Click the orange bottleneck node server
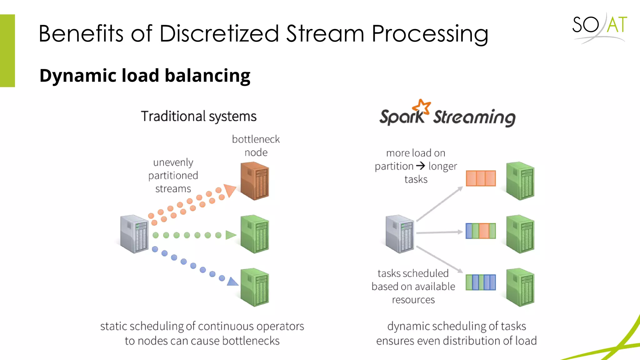[255, 181]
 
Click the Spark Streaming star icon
[422, 107]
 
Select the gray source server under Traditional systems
[134, 234]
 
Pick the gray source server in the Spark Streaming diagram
[400, 234]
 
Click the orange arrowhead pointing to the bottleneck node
[230, 190]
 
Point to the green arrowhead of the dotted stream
[231, 235]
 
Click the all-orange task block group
[481, 178]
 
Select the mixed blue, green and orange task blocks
[481, 231]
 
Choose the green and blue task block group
[481, 282]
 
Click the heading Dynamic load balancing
[145, 76]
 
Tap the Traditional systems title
[198, 116]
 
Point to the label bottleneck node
[256, 146]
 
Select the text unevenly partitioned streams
[173, 175]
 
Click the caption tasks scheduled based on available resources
[413, 286]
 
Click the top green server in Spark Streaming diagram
[520, 181]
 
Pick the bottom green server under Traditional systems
[255, 287]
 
